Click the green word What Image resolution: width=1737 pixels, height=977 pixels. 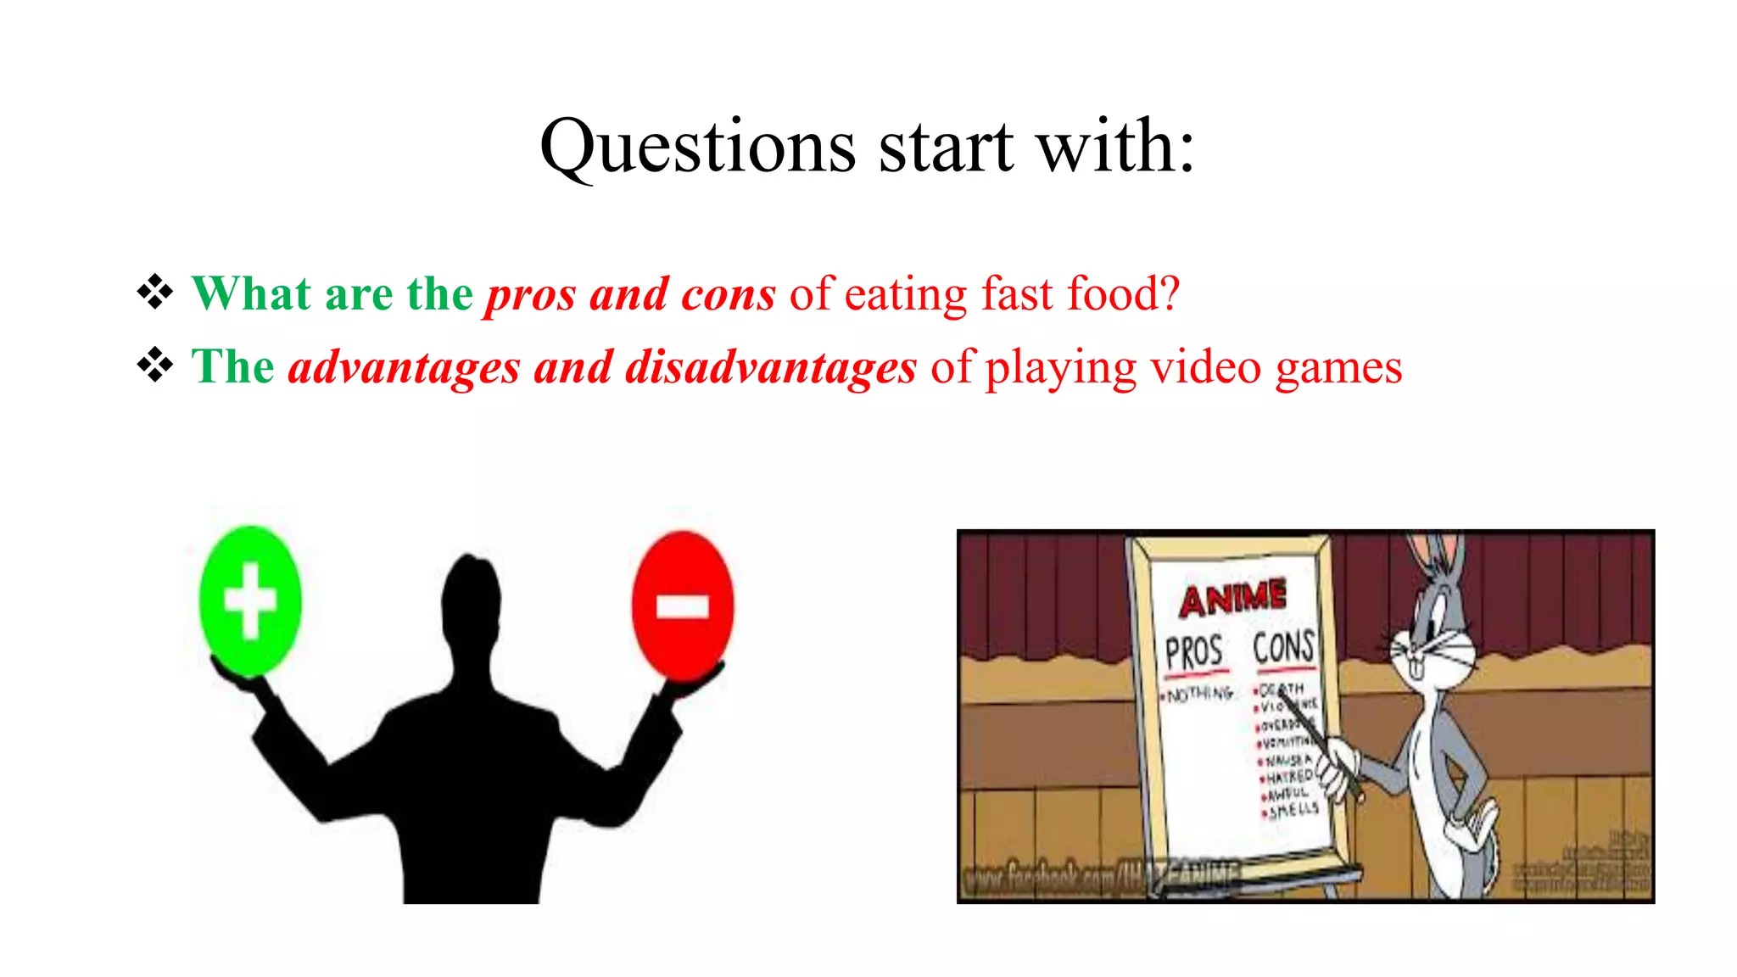pos(251,294)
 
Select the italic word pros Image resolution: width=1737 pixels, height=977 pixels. pos(530,296)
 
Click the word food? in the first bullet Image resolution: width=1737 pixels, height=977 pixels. pos(1123,294)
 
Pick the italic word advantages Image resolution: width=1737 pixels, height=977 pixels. pos(404,368)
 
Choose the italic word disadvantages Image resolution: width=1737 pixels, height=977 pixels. pos(771,368)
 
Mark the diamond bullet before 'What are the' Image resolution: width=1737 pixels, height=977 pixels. pos(155,293)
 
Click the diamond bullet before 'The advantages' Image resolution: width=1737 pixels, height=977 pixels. pos(155,366)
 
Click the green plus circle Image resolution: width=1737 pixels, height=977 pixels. pos(249,600)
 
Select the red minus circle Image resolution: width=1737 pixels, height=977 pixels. pos(683,606)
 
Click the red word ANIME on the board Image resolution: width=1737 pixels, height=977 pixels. pos(1232,599)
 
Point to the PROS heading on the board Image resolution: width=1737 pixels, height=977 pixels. pos(1193,653)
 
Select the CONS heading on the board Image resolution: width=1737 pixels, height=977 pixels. pos(1283,648)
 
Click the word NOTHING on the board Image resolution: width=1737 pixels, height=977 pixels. pos(1200,695)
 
